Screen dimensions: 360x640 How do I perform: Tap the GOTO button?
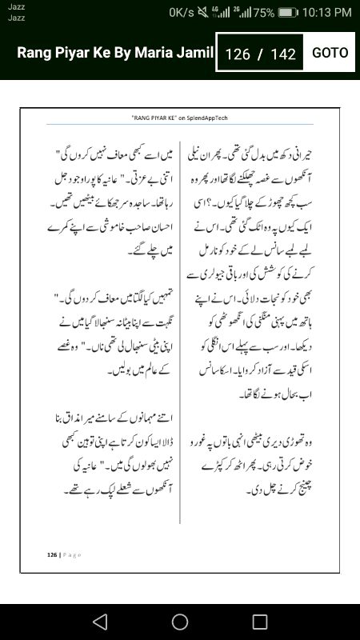click(x=330, y=53)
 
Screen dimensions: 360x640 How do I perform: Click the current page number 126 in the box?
click(x=238, y=54)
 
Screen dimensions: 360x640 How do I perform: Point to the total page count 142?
click(x=283, y=54)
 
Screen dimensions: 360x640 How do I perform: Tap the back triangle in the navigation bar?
click(x=99, y=622)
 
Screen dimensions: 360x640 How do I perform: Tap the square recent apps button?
click(x=260, y=622)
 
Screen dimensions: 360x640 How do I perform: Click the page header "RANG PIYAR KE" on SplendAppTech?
click(x=179, y=117)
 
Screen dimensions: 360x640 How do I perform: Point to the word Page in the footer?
click(x=71, y=554)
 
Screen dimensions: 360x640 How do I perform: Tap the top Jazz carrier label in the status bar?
click(x=16, y=7)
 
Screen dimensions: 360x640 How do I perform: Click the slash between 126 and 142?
click(x=260, y=54)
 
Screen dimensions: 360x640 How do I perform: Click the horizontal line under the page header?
click(x=179, y=124)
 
